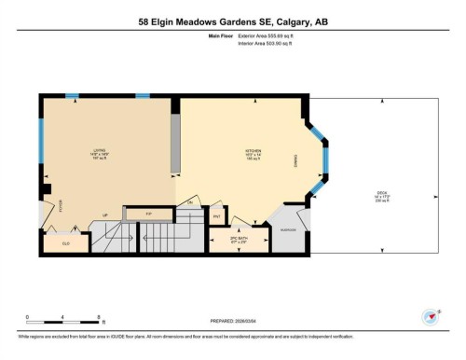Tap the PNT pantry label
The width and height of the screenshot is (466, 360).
coord(216,217)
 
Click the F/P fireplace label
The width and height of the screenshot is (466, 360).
coord(148,214)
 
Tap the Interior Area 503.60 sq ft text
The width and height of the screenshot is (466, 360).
coord(254,46)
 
